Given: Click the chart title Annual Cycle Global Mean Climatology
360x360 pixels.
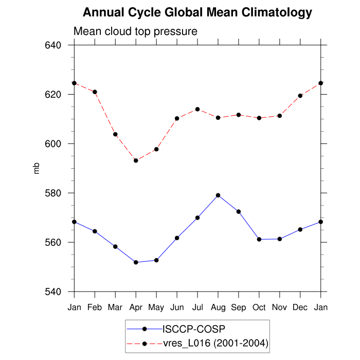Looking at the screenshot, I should pyautogui.click(x=197, y=12).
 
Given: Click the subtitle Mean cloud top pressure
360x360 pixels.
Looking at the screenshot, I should pyautogui.click(x=135, y=31).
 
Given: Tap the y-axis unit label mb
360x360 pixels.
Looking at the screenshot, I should pyautogui.click(x=37, y=168).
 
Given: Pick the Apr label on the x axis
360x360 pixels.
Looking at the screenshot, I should pyautogui.click(x=136, y=308).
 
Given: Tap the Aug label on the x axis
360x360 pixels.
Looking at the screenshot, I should pyautogui.click(x=218, y=308).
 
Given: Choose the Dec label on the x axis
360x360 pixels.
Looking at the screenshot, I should pyautogui.click(x=300, y=308).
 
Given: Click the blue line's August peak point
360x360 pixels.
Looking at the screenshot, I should pyautogui.click(x=218, y=195).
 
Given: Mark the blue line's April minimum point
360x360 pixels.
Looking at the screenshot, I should pyautogui.click(x=136, y=262).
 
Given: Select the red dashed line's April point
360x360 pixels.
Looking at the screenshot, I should pyautogui.click(x=136, y=160).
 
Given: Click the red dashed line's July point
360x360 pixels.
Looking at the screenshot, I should pyautogui.click(x=197, y=109).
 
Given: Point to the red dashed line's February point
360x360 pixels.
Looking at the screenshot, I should pyautogui.click(x=95, y=92).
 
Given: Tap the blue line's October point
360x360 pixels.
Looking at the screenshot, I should pyautogui.click(x=259, y=239).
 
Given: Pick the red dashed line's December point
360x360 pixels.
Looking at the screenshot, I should pyautogui.click(x=300, y=96).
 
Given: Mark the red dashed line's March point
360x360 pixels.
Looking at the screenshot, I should pyautogui.click(x=115, y=134).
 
